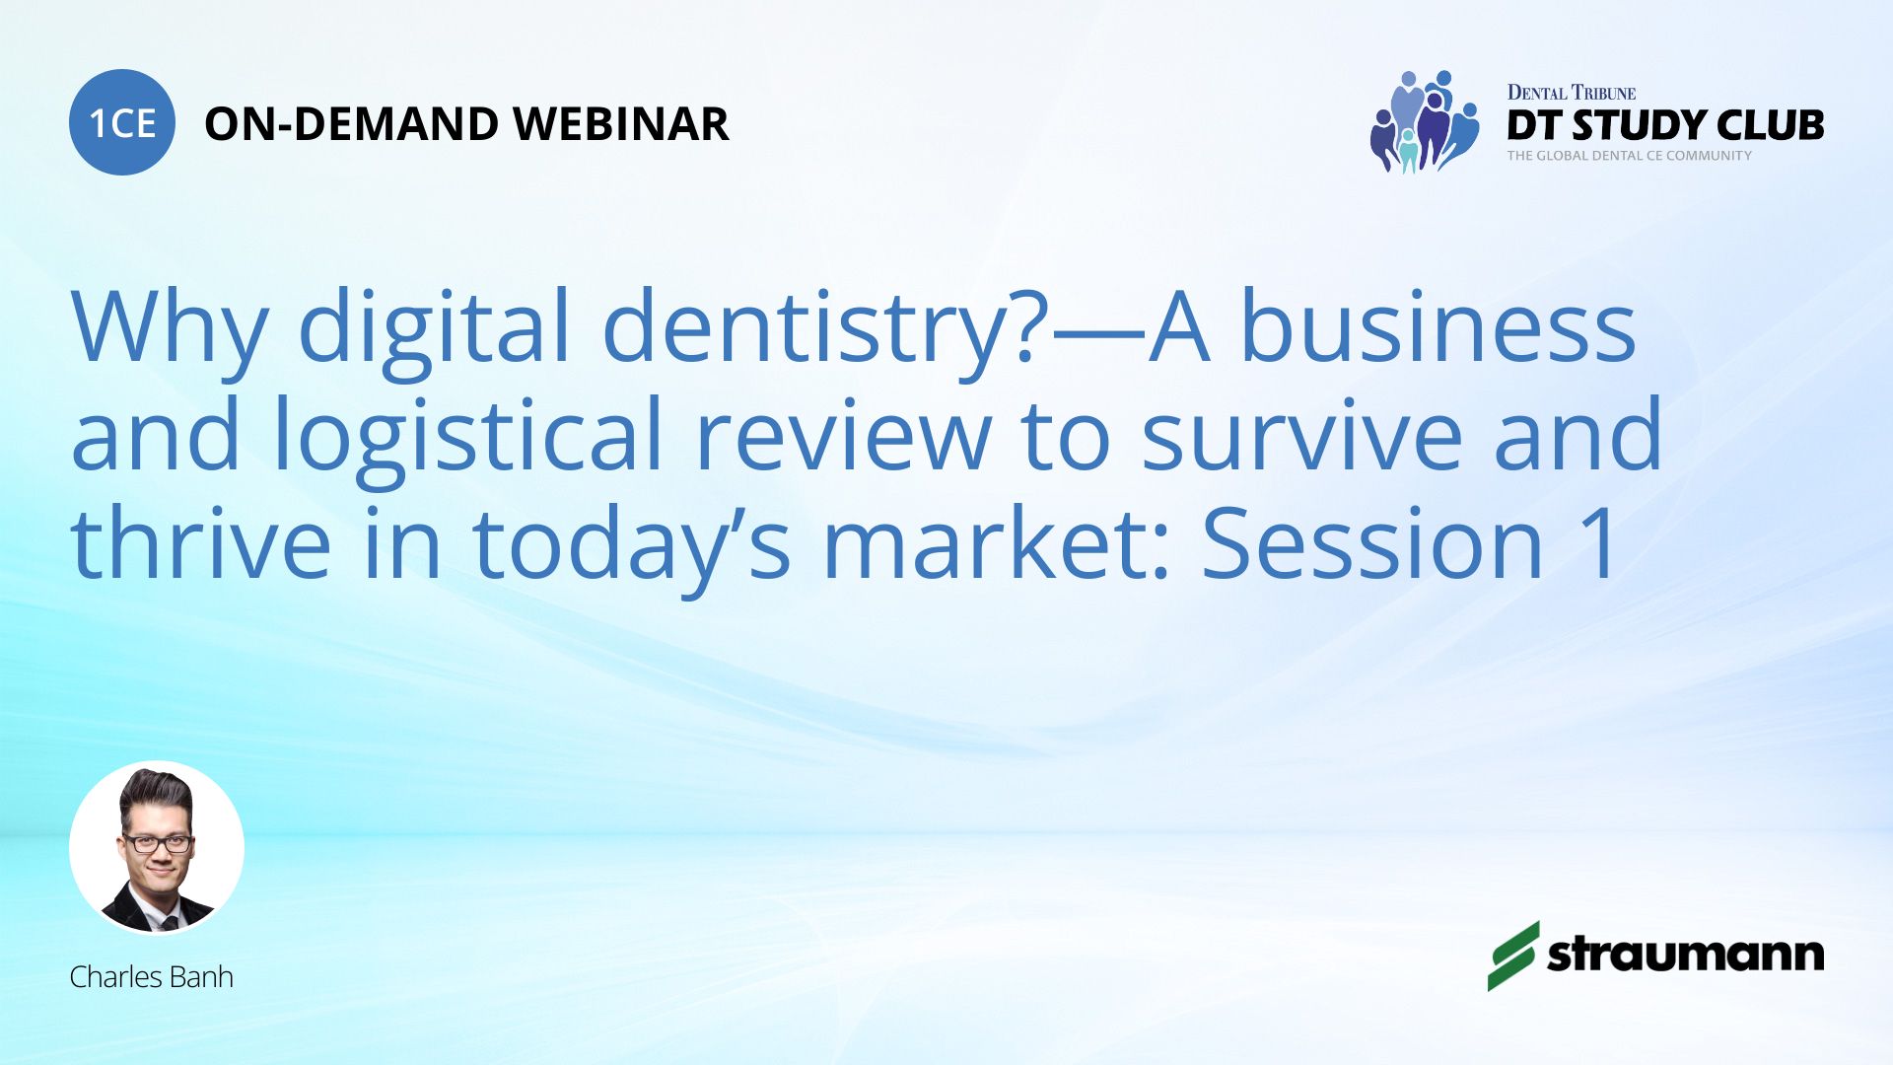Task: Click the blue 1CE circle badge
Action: [x=122, y=122]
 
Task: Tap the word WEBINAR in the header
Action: [x=621, y=124]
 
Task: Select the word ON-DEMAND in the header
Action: [x=351, y=124]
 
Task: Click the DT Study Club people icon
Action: [x=1425, y=121]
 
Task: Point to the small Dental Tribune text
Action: [x=1572, y=93]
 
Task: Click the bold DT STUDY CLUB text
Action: [x=1665, y=125]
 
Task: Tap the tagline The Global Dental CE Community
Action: [x=1630, y=156]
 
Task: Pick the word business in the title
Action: [x=1437, y=325]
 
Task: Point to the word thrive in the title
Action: [x=201, y=542]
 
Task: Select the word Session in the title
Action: [x=1372, y=542]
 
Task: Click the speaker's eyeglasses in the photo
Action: [x=157, y=843]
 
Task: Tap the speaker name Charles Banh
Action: [x=152, y=977]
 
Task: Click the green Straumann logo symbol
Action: [x=1512, y=956]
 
